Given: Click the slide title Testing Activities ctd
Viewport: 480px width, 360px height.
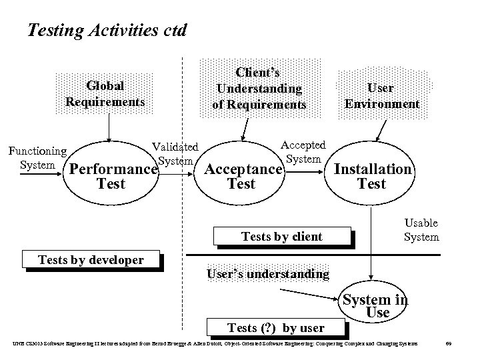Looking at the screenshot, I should click(107, 30).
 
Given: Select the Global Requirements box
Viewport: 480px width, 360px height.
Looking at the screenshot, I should click(105, 94).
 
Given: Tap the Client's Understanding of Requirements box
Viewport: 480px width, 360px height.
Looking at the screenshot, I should click(259, 87).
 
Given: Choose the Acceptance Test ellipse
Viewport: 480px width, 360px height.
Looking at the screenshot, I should click(241, 176).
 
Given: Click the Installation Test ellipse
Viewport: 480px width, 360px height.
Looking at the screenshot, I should click(372, 175).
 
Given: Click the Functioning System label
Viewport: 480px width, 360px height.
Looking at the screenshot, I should click(37, 158).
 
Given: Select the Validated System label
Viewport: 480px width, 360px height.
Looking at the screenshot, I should click(175, 153).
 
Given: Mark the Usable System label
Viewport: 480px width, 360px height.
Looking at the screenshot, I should click(421, 229).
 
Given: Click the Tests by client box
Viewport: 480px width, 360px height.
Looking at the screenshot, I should click(281, 236).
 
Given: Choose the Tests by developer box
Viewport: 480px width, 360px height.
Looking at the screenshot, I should click(91, 259).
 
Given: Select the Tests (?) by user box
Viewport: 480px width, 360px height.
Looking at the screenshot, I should click(275, 327).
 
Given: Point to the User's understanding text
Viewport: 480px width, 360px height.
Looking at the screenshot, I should click(268, 273).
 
